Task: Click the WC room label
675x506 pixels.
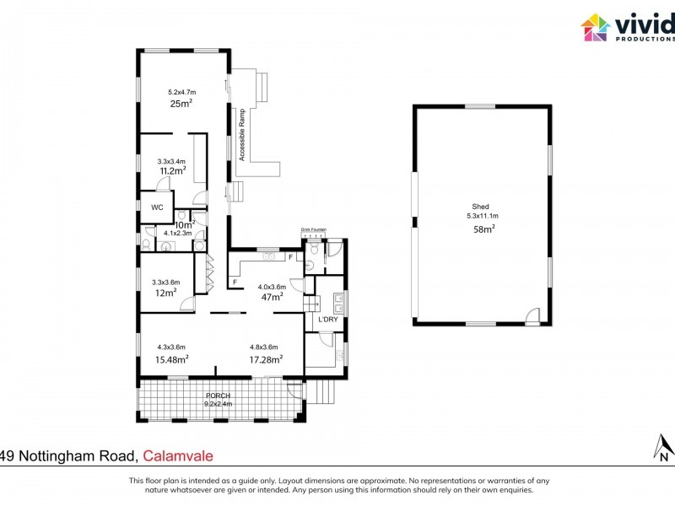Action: click(156, 207)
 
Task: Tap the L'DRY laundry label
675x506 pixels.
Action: click(327, 320)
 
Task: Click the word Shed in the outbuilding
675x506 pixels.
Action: click(480, 206)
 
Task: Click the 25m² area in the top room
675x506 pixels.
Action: click(181, 103)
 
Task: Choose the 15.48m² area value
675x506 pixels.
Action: click(171, 359)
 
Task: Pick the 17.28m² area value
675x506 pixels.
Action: click(265, 359)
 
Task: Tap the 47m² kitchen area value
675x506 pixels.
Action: click(271, 297)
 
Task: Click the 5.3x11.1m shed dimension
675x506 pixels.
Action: click(482, 216)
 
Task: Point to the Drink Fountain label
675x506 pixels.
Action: click(313, 229)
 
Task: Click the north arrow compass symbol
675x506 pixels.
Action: click(664, 446)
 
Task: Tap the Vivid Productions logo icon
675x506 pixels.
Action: click(596, 27)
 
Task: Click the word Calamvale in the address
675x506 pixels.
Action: click(178, 456)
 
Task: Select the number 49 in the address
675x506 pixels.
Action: click(6, 456)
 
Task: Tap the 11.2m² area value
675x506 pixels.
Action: click(171, 170)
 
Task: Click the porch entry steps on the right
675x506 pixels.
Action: click(320, 391)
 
